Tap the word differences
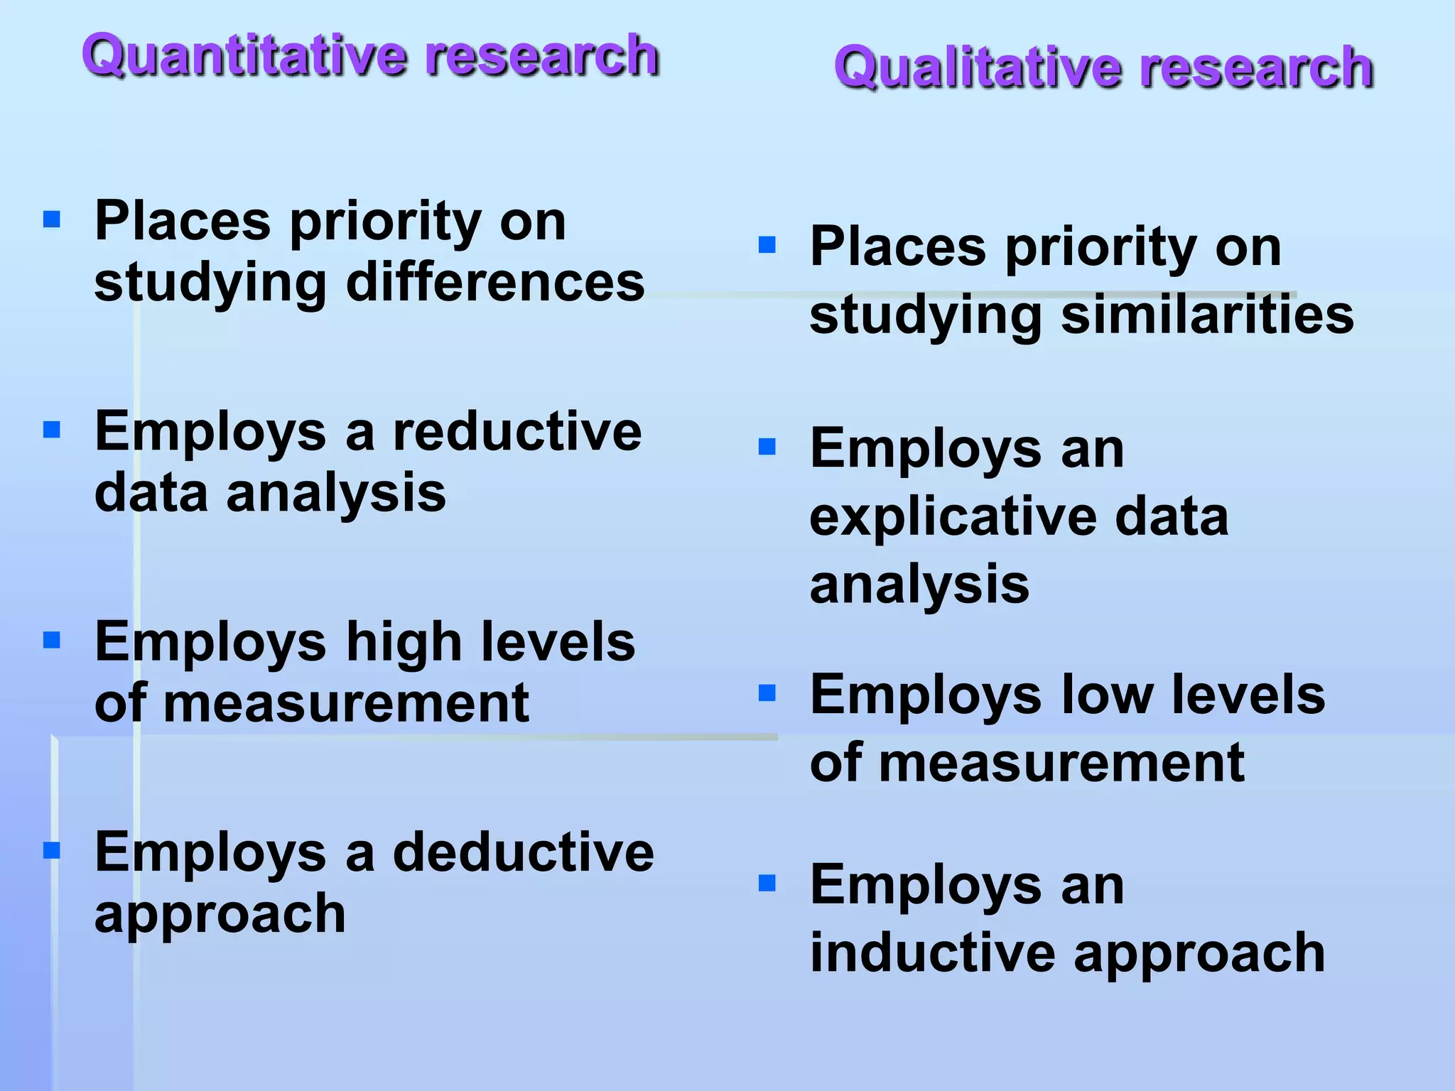click(495, 282)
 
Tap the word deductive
click(523, 852)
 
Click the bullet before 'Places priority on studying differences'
click(52, 219)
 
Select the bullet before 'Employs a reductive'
click(52, 430)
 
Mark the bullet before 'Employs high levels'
click(52, 641)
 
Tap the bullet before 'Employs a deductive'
click(52, 850)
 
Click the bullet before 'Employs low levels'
click(767, 693)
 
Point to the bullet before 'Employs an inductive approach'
click(767, 883)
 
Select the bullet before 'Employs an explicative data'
click(767, 447)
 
